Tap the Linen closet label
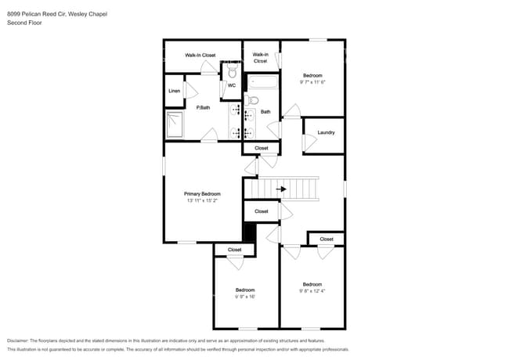(x=174, y=92)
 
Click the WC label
(x=232, y=85)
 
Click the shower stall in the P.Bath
(x=174, y=124)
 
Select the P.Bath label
(x=203, y=107)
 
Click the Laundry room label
(x=327, y=132)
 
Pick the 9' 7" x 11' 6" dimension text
(x=312, y=82)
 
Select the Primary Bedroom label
(x=202, y=193)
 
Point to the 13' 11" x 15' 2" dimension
(x=202, y=201)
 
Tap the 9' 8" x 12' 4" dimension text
(x=312, y=291)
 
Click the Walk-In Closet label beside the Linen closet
(x=200, y=56)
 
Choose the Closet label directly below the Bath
(x=261, y=148)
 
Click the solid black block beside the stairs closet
(x=250, y=232)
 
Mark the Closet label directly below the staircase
(x=261, y=211)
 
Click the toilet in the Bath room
(x=252, y=100)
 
